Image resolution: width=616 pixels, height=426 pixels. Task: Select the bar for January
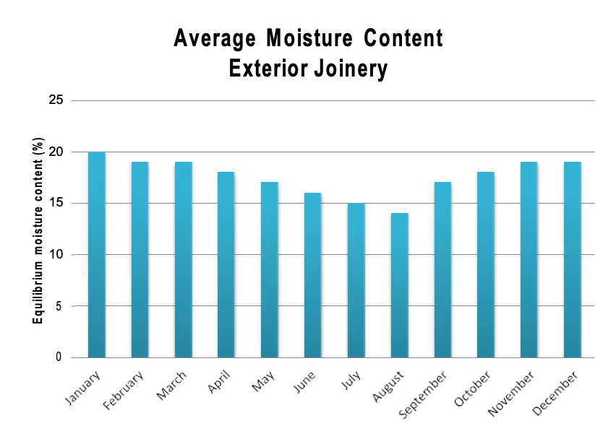pos(96,255)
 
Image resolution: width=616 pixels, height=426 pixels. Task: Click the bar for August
pos(400,285)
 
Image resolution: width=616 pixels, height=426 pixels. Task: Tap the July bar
pos(356,280)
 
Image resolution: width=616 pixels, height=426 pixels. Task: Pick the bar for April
pos(226,265)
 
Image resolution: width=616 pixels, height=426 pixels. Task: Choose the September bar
pos(443,270)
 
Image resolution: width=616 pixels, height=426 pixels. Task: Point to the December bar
pos(572,260)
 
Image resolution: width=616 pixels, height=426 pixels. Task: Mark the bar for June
pos(313,275)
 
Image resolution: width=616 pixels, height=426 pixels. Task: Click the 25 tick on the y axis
pos(56,100)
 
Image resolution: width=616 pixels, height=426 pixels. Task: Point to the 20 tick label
pos(56,152)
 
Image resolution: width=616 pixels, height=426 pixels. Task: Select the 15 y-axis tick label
pos(56,203)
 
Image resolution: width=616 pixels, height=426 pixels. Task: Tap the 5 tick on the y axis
pos(59,306)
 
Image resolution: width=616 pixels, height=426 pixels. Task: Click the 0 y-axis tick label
pos(59,357)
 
